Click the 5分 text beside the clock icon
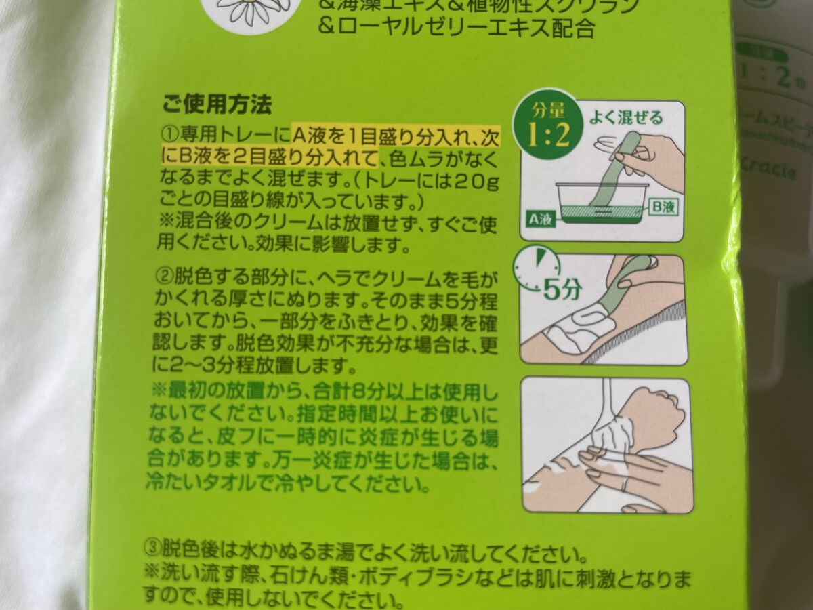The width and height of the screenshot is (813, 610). (562, 290)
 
